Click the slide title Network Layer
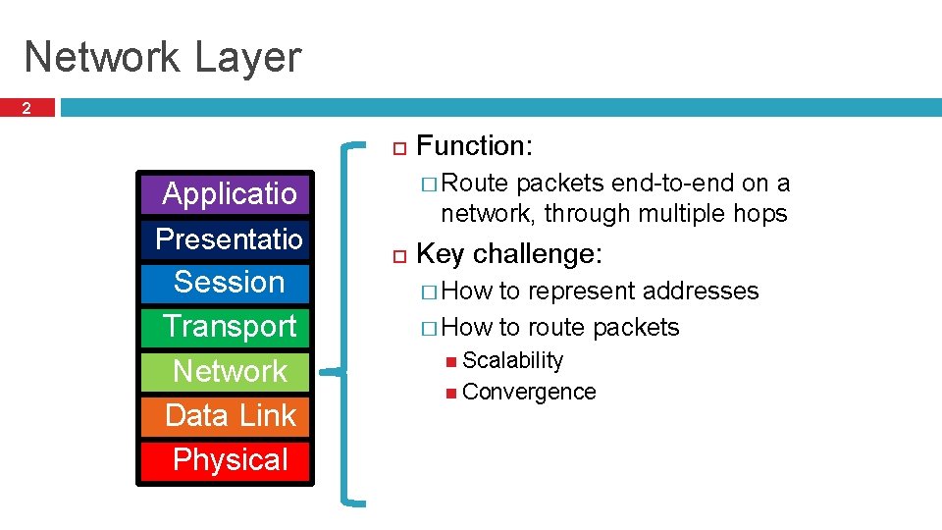[162, 57]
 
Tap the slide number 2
[26, 109]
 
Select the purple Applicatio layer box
[228, 193]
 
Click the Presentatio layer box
[228, 238]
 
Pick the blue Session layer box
[228, 283]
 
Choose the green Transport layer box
[228, 326]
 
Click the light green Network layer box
[228, 371]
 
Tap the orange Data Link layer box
[228, 415]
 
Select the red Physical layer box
[228, 459]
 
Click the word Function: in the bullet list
[475, 146]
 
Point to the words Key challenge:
[508, 254]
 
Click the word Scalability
[512, 360]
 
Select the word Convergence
[529, 392]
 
